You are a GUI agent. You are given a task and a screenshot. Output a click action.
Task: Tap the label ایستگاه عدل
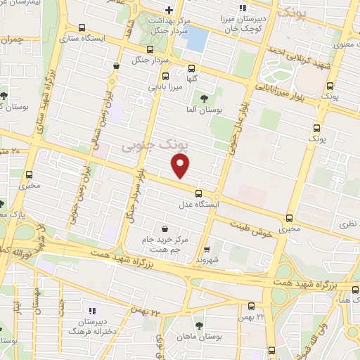(x=198, y=205)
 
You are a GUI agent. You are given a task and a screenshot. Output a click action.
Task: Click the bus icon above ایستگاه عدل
(x=198, y=193)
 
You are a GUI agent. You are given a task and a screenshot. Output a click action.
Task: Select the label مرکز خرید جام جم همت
(x=164, y=245)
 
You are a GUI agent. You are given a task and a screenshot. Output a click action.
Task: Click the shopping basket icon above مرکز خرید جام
(x=165, y=229)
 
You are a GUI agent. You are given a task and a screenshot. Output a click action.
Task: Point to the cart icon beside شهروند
(x=206, y=248)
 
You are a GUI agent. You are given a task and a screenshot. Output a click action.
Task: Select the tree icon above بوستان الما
(x=205, y=98)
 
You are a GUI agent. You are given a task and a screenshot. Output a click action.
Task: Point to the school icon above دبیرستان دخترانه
(x=91, y=310)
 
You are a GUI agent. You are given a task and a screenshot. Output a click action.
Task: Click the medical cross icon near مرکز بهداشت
(x=169, y=10)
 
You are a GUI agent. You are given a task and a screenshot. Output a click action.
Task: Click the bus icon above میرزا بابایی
(x=166, y=77)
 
